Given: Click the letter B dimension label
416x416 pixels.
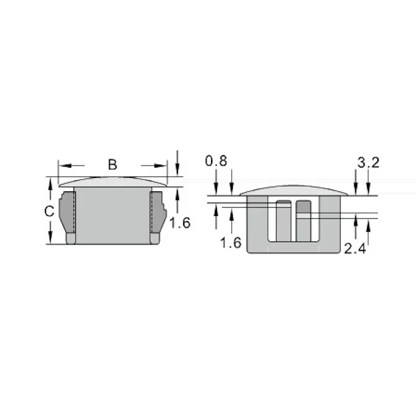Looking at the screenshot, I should pyautogui.click(x=113, y=165).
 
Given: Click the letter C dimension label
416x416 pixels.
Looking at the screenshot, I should pyautogui.click(x=50, y=211).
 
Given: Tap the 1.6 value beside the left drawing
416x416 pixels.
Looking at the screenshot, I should pyautogui.click(x=180, y=222).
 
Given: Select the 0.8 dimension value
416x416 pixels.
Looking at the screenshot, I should pyautogui.click(x=216, y=162).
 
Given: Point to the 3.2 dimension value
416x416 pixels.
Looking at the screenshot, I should pyautogui.click(x=368, y=163).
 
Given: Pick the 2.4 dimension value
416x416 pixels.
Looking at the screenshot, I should pyautogui.click(x=355, y=249).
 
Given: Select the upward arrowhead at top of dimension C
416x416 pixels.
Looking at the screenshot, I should pyautogui.click(x=50, y=183).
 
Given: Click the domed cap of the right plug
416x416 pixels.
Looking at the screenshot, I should pyautogui.click(x=293, y=190).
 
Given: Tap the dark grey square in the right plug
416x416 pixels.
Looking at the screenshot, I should pyautogui.click(x=303, y=208).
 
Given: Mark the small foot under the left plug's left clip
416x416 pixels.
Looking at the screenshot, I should pyautogui.click(x=71, y=239).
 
